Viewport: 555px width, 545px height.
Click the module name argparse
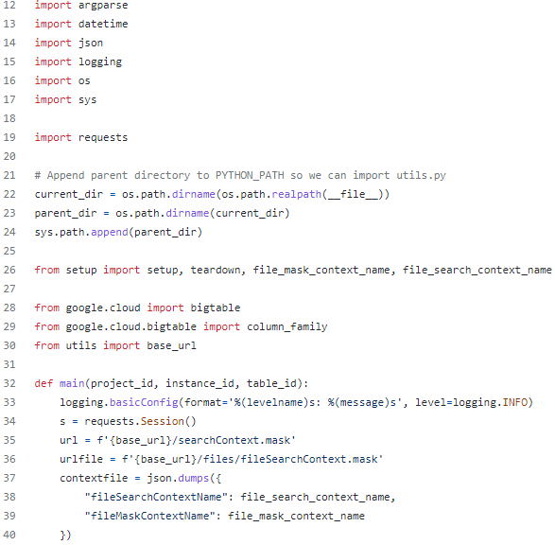click(x=103, y=6)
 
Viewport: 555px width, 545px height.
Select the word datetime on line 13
click(x=103, y=24)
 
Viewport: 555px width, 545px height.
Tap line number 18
click(x=9, y=118)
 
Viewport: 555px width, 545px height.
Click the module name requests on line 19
click(x=103, y=137)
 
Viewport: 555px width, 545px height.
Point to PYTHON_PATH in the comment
click(x=250, y=175)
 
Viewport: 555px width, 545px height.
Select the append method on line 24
click(x=110, y=232)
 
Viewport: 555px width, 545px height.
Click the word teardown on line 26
click(x=216, y=270)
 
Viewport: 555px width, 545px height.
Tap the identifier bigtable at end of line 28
click(x=216, y=308)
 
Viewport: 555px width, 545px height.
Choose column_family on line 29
click(x=287, y=326)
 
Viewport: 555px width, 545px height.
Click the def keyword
click(x=43, y=383)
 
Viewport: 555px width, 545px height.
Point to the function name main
click(x=72, y=383)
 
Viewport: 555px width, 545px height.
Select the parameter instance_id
click(x=199, y=383)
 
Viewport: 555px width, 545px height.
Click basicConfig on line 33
click(x=144, y=402)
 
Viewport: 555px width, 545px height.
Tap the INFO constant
click(x=515, y=402)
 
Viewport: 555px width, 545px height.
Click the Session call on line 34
click(x=162, y=421)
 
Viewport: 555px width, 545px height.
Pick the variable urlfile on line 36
click(x=81, y=459)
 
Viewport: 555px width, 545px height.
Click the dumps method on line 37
click(x=193, y=478)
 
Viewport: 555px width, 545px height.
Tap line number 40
click(x=9, y=535)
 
